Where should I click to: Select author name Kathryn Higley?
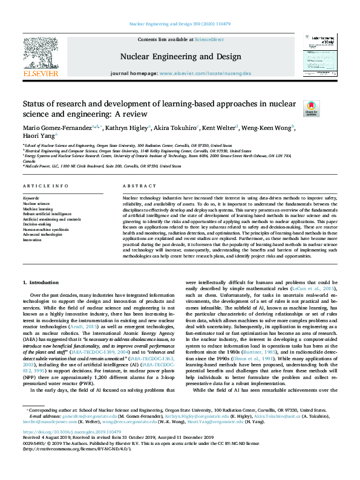tap(125, 128)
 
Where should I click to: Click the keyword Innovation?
tap(32, 239)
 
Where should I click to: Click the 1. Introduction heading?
tap(41, 282)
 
